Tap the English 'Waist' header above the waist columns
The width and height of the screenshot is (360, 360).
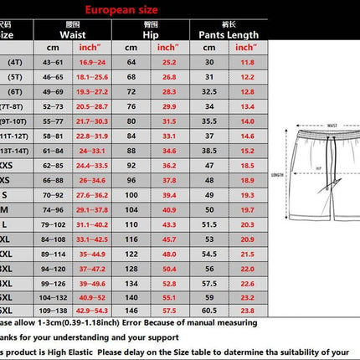70,36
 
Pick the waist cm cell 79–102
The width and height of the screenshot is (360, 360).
52,225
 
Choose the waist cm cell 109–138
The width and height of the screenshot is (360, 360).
52,311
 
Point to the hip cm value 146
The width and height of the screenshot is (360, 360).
131,311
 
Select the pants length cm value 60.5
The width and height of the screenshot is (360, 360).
209,311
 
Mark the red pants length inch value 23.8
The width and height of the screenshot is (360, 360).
247,311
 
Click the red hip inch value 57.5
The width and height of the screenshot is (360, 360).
168,311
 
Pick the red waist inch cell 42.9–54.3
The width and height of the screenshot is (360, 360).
93,311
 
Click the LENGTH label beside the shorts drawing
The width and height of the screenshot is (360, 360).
277,176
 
